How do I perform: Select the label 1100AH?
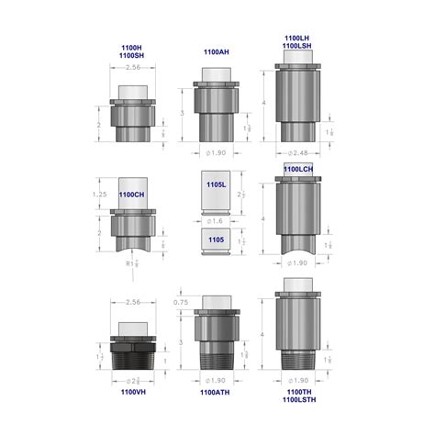click(x=217, y=52)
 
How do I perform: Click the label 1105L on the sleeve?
click(x=215, y=184)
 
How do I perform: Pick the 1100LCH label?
click(x=302, y=170)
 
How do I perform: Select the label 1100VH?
click(x=130, y=393)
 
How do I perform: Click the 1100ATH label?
click(x=217, y=393)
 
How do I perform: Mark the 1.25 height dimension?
click(x=101, y=195)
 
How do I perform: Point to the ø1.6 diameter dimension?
click(x=217, y=221)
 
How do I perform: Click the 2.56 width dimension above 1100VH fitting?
click(x=130, y=302)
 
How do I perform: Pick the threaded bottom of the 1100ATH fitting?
click(x=217, y=360)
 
